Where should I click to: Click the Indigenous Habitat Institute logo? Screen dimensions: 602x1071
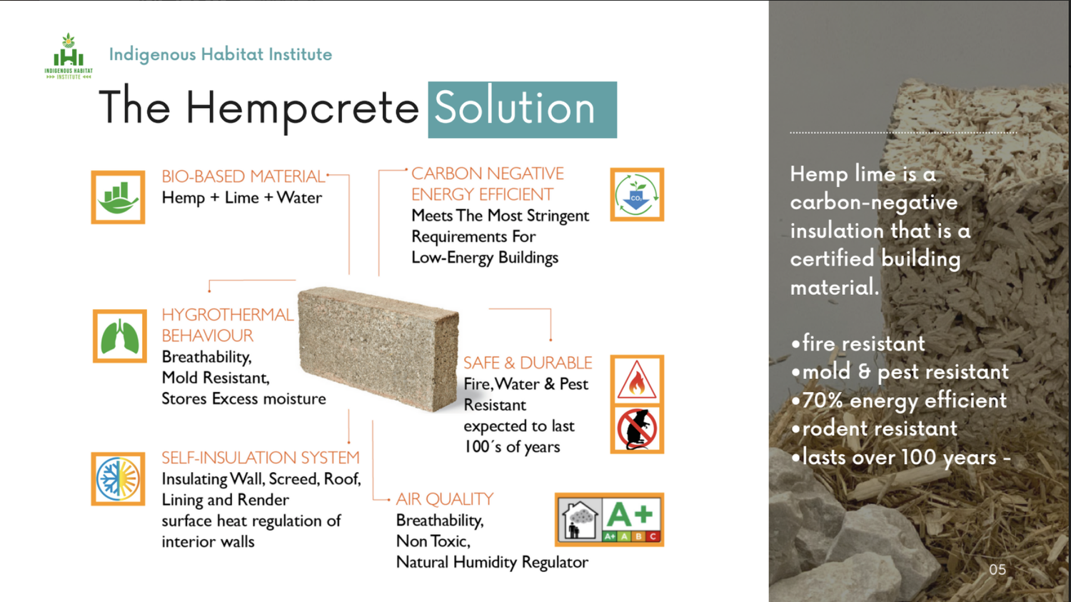click(x=69, y=56)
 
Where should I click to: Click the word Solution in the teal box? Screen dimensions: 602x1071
click(x=515, y=109)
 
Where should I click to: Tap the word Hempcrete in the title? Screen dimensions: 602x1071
click(x=302, y=109)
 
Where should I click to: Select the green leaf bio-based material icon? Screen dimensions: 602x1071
click(x=118, y=197)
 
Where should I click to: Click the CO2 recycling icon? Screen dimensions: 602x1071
click(x=637, y=194)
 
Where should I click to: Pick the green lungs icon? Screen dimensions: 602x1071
click(x=119, y=336)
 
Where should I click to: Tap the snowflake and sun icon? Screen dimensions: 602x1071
click(x=118, y=478)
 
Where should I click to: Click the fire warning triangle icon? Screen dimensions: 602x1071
click(x=637, y=380)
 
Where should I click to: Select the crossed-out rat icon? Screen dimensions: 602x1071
click(x=637, y=429)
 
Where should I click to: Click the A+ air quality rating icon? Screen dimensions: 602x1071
click(x=609, y=519)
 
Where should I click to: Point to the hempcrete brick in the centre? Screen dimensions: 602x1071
click(x=378, y=348)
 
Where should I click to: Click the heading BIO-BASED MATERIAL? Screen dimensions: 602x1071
click(x=243, y=176)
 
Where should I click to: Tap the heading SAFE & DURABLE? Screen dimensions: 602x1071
click(x=528, y=363)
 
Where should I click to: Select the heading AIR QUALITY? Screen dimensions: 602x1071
click(x=444, y=499)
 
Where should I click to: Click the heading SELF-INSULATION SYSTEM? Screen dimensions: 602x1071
click(x=260, y=458)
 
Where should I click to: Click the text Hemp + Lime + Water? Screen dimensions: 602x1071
click(x=241, y=198)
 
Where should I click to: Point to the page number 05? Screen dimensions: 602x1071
click(x=997, y=569)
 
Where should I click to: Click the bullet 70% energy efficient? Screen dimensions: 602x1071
click(x=903, y=401)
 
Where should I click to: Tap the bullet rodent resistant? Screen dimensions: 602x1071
click(x=879, y=428)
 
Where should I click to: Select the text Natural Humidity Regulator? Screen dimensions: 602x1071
click(x=492, y=562)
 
